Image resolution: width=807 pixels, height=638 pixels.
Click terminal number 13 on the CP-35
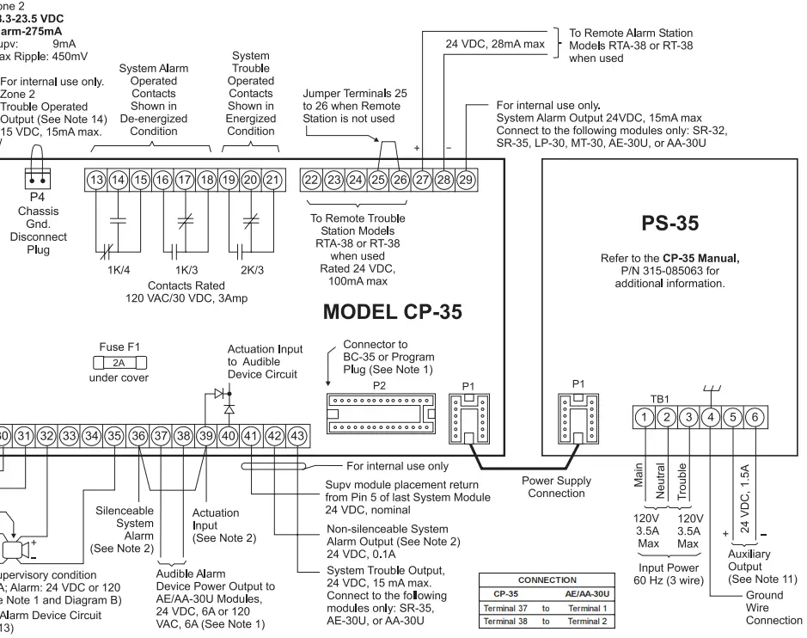point(96,180)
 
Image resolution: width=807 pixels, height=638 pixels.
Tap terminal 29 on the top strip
point(466,180)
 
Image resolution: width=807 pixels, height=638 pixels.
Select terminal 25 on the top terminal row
point(377,180)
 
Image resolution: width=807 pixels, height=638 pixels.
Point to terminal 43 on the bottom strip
point(296,436)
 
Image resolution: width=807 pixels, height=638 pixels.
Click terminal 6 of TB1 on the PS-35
point(753,417)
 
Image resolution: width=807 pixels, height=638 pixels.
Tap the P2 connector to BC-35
point(379,409)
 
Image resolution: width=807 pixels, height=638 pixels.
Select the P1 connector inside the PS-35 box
point(575,418)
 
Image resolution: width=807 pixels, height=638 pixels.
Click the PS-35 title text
point(669,224)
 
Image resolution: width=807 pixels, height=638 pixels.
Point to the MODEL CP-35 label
point(392,312)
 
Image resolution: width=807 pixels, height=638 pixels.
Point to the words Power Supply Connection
point(556,488)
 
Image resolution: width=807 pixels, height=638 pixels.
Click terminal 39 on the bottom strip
point(205,436)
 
